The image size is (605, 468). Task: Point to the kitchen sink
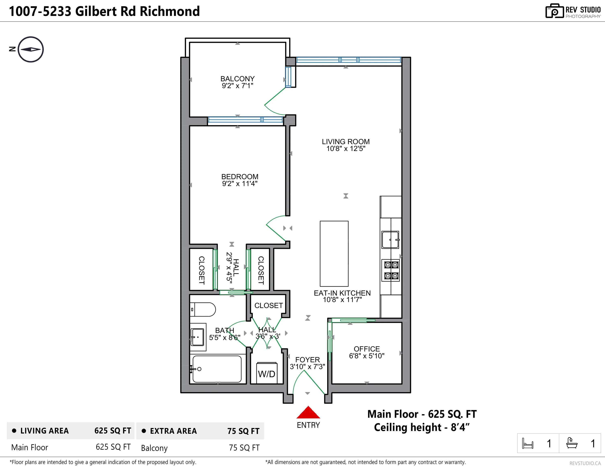[390, 240]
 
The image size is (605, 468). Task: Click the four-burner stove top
[391, 270]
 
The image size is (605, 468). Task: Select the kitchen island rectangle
[334, 253]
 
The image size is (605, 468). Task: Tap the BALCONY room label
[237, 79]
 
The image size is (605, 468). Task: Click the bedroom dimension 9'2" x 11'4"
[240, 183]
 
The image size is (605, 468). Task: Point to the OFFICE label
[367, 349]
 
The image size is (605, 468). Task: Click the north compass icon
[31, 49]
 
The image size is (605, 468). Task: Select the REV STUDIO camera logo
[554, 11]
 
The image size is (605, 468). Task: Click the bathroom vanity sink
[198, 337]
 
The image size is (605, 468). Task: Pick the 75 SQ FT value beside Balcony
[244, 447]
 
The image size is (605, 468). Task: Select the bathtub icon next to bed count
[572, 443]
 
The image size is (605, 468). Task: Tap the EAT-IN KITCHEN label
[342, 293]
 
